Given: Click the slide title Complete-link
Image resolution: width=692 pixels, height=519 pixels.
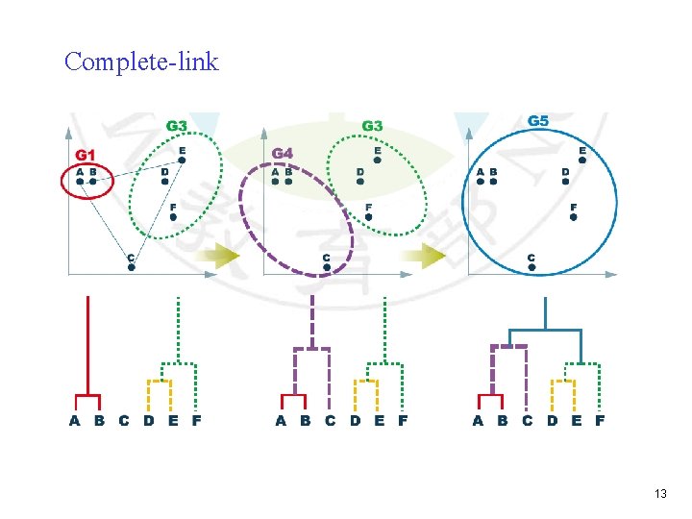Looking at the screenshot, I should click(x=141, y=62).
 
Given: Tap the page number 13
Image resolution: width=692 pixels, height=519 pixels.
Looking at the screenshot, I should click(x=660, y=493).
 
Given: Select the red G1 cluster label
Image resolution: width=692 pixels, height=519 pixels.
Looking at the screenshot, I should click(x=86, y=154).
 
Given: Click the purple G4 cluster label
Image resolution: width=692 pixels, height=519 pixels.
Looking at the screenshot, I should click(x=283, y=153).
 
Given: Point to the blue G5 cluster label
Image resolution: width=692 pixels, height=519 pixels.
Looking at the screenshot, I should click(x=539, y=121).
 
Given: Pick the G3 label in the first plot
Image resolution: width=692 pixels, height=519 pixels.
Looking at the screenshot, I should click(x=177, y=126).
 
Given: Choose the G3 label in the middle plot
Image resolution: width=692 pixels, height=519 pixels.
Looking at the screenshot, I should click(x=372, y=126).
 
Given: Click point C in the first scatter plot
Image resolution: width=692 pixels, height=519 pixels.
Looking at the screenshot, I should click(x=132, y=267).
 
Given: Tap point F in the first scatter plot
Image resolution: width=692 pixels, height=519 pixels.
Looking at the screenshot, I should click(x=173, y=217).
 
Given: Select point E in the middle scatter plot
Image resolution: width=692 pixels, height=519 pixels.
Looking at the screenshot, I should click(x=378, y=161).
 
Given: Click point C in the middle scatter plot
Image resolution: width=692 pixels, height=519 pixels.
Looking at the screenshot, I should click(x=327, y=267).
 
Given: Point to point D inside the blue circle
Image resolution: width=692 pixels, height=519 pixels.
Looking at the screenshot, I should click(x=565, y=183).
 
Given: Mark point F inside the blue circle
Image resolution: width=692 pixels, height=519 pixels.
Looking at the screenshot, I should click(x=574, y=217).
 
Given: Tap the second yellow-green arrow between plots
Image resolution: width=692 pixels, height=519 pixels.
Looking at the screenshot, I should click(x=424, y=256).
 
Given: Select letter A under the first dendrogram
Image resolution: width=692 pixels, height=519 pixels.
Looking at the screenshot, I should click(x=75, y=420).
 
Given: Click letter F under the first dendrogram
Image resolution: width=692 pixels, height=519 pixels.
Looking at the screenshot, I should click(x=197, y=420).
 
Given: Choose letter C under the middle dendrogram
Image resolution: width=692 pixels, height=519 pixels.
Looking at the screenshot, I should click(x=330, y=420).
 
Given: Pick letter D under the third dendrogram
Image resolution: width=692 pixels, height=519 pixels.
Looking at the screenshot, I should click(x=552, y=420).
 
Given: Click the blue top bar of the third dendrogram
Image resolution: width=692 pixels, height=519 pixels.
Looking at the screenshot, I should click(x=546, y=330).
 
